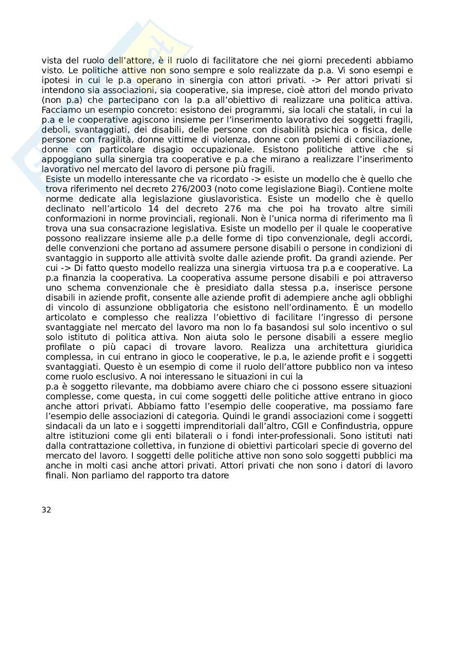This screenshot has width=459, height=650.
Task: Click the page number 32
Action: pyautogui.click(x=46, y=510)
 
